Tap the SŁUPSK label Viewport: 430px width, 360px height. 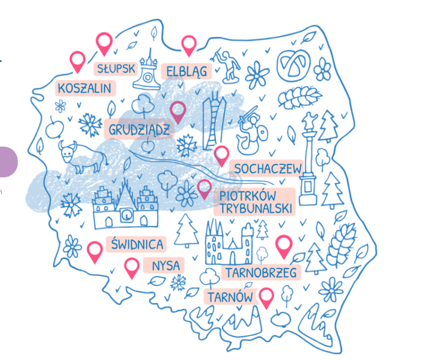(116, 69)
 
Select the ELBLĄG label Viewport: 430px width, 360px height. (187, 72)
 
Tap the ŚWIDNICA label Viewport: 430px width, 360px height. (137, 244)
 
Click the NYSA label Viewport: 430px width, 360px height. (166, 265)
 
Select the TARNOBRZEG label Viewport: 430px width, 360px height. (261, 273)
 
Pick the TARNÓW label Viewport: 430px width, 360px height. (230, 296)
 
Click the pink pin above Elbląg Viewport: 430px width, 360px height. (189, 44)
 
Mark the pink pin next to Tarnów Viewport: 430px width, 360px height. (266, 296)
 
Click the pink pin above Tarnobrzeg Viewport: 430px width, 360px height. (284, 245)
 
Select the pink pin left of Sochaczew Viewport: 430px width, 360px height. (221, 155)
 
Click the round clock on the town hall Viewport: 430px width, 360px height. (127, 216)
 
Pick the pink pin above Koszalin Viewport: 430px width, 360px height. (77, 60)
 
